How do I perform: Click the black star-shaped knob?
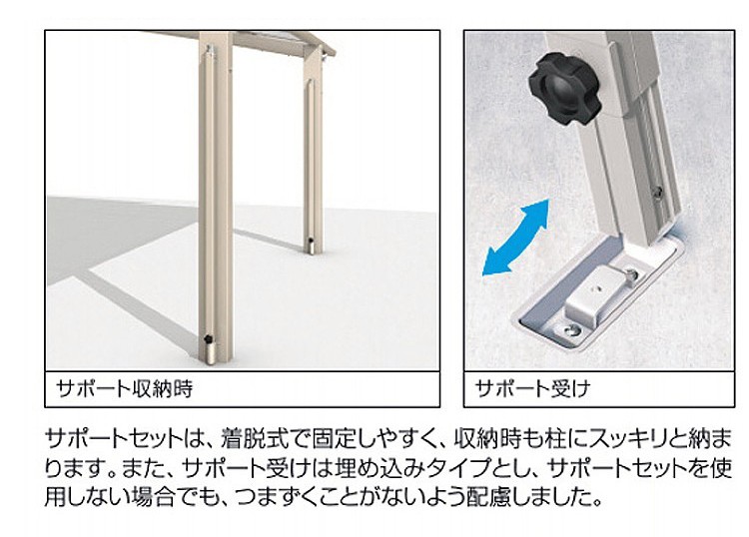click(563, 89)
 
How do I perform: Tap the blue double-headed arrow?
click(516, 238)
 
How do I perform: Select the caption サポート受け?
click(532, 388)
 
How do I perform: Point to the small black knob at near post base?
click(208, 339)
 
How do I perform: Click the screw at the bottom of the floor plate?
click(572, 329)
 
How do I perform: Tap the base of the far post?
click(312, 247)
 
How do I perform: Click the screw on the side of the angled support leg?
click(658, 192)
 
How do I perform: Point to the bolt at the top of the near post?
click(210, 49)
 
